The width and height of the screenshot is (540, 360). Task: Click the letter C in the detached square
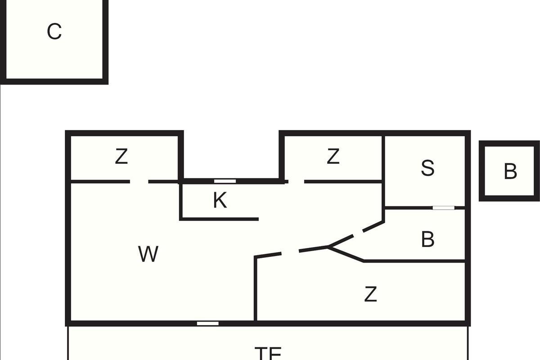point(54,32)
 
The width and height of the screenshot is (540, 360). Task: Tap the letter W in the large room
point(148,255)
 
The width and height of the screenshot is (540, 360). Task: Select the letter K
point(220,201)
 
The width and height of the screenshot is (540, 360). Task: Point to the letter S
point(427,168)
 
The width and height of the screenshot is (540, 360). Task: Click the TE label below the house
point(268,353)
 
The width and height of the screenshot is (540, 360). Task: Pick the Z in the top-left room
point(121,157)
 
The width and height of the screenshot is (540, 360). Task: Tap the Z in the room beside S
point(333,157)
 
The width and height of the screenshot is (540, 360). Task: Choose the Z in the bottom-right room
point(370,295)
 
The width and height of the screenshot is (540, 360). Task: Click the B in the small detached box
point(510,171)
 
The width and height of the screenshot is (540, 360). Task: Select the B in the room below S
point(427,240)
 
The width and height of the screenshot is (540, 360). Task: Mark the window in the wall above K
point(225,181)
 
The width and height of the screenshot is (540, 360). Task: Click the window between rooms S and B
point(444,208)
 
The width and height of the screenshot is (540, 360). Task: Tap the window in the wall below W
point(208,323)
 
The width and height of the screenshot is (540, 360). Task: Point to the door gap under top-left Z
point(139,182)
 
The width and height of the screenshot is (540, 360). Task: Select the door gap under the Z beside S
point(296,182)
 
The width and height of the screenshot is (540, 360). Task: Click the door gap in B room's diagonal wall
point(358,234)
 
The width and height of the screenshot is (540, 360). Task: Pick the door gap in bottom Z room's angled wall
point(290,252)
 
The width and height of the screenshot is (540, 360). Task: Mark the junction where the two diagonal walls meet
point(328,247)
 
